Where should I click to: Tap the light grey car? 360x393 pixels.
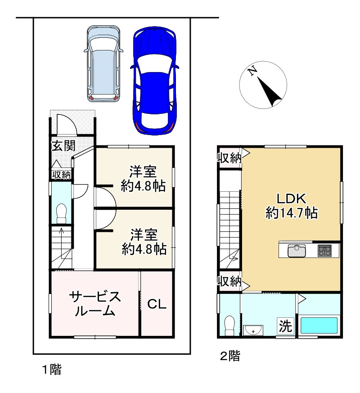click(x=103, y=63)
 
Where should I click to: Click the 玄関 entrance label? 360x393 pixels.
click(x=63, y=145)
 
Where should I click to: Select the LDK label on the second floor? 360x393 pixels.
click(x=291, y=199)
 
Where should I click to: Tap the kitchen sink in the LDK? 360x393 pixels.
click(x=297, y=251)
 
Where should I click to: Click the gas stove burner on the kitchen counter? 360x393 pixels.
click(x=325, y=251)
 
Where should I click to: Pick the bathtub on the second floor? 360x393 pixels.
click(x=319, y=325)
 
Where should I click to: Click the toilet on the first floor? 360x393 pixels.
click(x=61, y=213)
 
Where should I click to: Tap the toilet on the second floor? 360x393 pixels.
click(x=229, y=325)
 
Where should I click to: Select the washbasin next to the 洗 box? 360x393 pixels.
click(x=253, y=330)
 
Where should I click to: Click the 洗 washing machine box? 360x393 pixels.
click(x=286, y=326)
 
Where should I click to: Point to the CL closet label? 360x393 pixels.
click(x=157, y=304)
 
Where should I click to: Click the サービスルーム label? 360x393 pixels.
click(x=95, y=303)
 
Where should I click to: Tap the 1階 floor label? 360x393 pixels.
click(x=52, y=370)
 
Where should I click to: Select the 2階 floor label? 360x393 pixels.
click(x=230, y=356)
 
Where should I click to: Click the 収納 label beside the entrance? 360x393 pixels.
click(x=61, y=175)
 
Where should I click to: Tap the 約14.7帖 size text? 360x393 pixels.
click(x=292, y=213)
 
